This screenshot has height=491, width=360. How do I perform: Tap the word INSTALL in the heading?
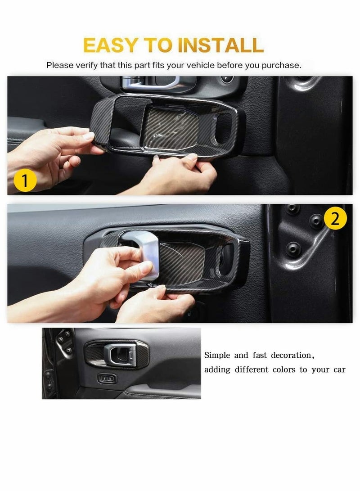(x=220, y=45)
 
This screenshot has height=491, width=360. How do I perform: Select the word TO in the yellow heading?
(x=158, y=45)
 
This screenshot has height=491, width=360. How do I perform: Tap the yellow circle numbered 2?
(x=335, y=219)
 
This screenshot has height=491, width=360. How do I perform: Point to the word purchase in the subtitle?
(x=282, y=65)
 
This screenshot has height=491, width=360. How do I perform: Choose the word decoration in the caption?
(x=288, y=356)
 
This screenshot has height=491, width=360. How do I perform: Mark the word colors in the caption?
(x=283, y=370)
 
